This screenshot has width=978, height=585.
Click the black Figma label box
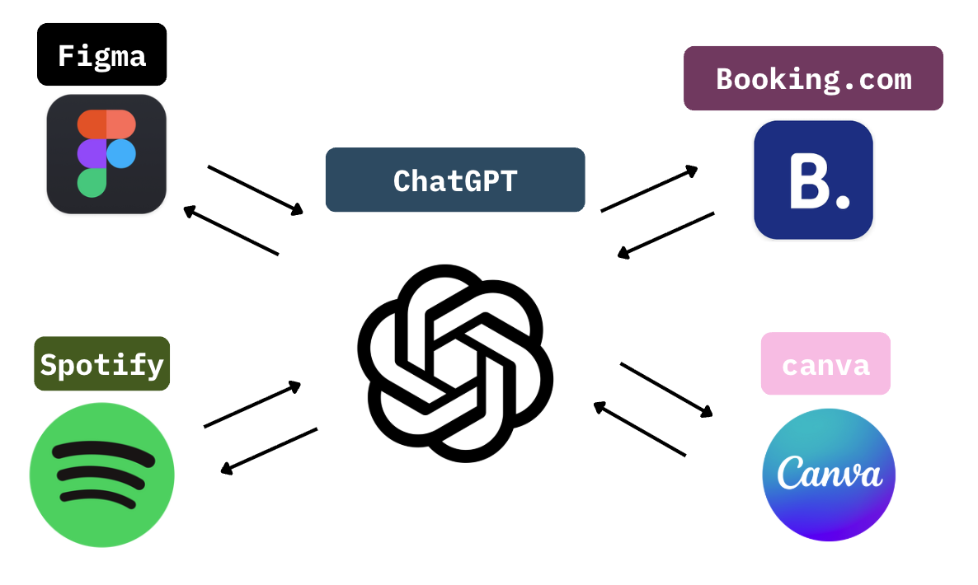(x=101, y=55)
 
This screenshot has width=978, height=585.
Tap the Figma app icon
(x=106, y=154)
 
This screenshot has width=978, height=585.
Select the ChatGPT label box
(x=455, y=180)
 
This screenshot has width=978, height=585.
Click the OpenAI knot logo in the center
(x=455, y=363)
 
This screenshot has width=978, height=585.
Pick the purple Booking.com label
(x=813, y=78)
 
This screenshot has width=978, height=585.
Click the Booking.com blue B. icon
(x=813, y=180)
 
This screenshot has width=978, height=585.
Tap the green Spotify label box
(x=101, y=363)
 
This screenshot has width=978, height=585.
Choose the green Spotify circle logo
(x=102, y=475)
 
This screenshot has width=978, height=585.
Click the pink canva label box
(x=825, y=364)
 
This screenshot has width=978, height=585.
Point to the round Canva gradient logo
(x=829, y=475)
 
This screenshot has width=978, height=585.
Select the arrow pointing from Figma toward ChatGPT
(x=255, y=190)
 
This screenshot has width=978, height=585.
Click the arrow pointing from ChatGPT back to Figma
(x=231, y=232)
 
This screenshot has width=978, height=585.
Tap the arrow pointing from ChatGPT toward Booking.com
(x=649, y=189)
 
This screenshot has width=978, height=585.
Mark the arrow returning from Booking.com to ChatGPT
(x=665, y=235)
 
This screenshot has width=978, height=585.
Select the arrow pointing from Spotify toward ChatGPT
(x=252, y=405)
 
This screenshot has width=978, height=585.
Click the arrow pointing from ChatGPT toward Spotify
(x=269, y=451)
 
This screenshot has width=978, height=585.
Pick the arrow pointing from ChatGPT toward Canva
(x=666, y=390)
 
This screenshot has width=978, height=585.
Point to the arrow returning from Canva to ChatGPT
(x=639, y=428)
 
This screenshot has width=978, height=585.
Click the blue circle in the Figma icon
(x=121, y=153)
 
